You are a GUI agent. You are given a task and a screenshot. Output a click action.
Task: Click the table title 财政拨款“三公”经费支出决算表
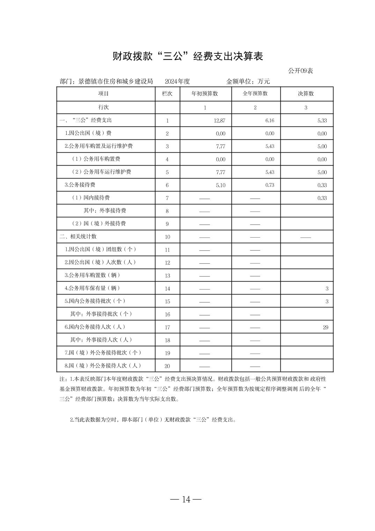[187, 56]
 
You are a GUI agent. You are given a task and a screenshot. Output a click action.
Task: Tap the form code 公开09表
[300, 71]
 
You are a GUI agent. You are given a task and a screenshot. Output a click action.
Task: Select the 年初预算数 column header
[205, 94]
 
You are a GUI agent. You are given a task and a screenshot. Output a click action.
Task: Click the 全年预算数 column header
[255, 94]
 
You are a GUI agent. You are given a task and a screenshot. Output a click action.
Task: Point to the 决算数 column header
[306, 94]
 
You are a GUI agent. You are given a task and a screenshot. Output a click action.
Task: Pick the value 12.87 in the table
[220, 121]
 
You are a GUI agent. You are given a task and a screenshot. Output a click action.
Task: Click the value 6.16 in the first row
[270, 121]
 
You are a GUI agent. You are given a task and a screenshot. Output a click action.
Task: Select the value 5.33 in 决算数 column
[322, 121]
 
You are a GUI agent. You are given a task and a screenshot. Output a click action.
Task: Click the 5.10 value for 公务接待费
[220, 185]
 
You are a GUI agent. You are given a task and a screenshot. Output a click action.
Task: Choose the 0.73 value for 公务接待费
[270, 185]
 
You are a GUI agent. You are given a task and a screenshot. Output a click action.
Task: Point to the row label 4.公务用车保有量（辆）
[93, 288]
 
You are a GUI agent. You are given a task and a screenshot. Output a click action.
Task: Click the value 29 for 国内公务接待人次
[325, 327]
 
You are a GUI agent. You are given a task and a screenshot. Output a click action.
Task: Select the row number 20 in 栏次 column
[167, 366]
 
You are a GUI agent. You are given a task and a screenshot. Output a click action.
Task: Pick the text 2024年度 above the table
[177, 82]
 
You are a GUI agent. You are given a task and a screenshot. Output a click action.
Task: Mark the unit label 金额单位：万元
[248, 82]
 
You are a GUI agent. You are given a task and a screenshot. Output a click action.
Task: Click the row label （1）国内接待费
[91, 198]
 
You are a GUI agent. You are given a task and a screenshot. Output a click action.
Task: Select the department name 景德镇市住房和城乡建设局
[116, 82]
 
